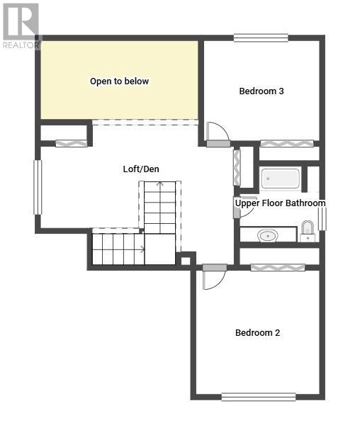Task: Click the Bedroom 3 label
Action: click(261, 91)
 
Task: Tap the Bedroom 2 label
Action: click(257, 333)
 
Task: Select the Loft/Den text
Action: click(141, 169)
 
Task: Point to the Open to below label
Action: click(119, 81)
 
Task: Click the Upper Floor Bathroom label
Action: click(280, 203)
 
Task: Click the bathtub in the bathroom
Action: click(281, 179)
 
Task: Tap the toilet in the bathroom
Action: click(308, 231)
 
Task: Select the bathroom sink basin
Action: click(268, 236)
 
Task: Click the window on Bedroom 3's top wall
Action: click(261, 38)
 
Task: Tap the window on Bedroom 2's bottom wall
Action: click(259, 397)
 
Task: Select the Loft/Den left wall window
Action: click(38, 187)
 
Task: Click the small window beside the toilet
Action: click(322, 219)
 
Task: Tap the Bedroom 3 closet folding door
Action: click(287, 143)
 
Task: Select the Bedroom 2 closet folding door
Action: click(278, 267)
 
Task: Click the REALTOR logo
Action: click(21, 26)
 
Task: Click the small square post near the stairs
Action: click(186, 261)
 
